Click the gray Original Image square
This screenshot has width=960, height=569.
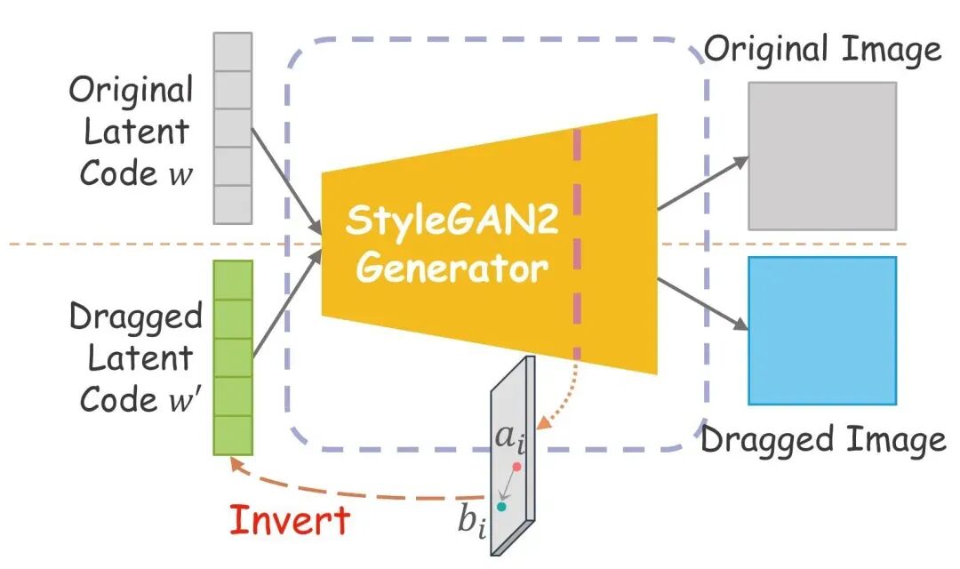(821, 156)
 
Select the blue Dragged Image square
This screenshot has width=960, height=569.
(821, 331)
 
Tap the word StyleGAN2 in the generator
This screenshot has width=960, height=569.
(452, 220)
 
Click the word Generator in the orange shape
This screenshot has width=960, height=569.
(452, 267)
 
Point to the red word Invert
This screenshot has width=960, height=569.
(289, 520)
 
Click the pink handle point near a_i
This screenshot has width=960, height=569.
(516, 466)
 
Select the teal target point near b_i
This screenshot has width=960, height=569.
(501, 507)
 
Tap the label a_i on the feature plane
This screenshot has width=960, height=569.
(511, 439)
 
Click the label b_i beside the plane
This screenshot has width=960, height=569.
(472, 522)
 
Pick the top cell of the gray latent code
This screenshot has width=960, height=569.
(233, 52)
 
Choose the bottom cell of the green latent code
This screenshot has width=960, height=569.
(233, 436)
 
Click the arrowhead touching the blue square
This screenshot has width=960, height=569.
(740, 328)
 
